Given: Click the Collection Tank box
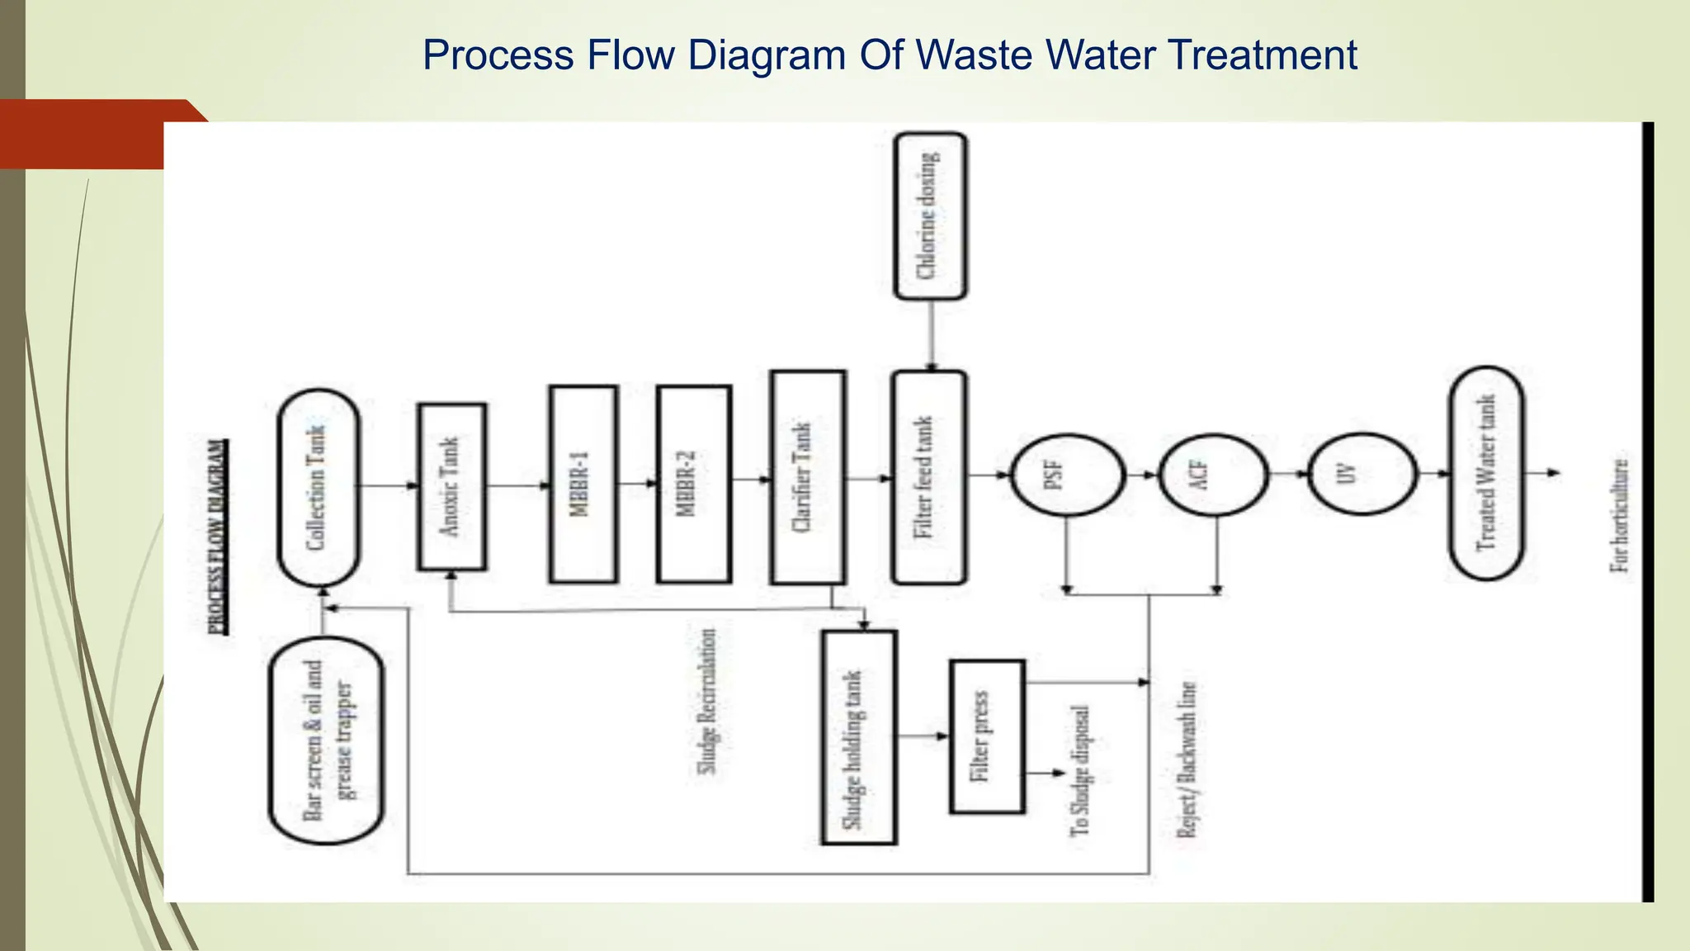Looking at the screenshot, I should [319, 488].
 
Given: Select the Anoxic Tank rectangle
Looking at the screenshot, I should [451, 487].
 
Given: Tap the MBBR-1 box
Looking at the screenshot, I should [583, 485].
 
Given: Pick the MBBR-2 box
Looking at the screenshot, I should [693, 485].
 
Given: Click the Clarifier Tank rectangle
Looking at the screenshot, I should [807, 478].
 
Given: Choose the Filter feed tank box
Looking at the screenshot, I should [928, 478].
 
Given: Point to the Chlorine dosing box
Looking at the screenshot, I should [930, 216].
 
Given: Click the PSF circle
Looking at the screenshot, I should [1067, 475].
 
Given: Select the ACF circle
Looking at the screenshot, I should [1213, 475].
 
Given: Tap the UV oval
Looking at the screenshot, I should [1362, 475].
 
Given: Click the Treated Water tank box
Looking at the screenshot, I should [1486, 474].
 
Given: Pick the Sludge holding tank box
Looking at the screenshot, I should [858, 738].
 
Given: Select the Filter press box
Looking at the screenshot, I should [986, 737].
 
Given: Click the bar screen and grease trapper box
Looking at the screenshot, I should [327, 740].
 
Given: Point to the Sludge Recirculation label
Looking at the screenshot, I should [707, 703].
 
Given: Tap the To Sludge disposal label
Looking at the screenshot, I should [1080, 771].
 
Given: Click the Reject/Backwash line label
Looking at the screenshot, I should [1186, 760].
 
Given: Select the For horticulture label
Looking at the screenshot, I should [1621, 516].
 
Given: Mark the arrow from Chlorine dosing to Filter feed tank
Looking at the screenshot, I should [931, 335].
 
